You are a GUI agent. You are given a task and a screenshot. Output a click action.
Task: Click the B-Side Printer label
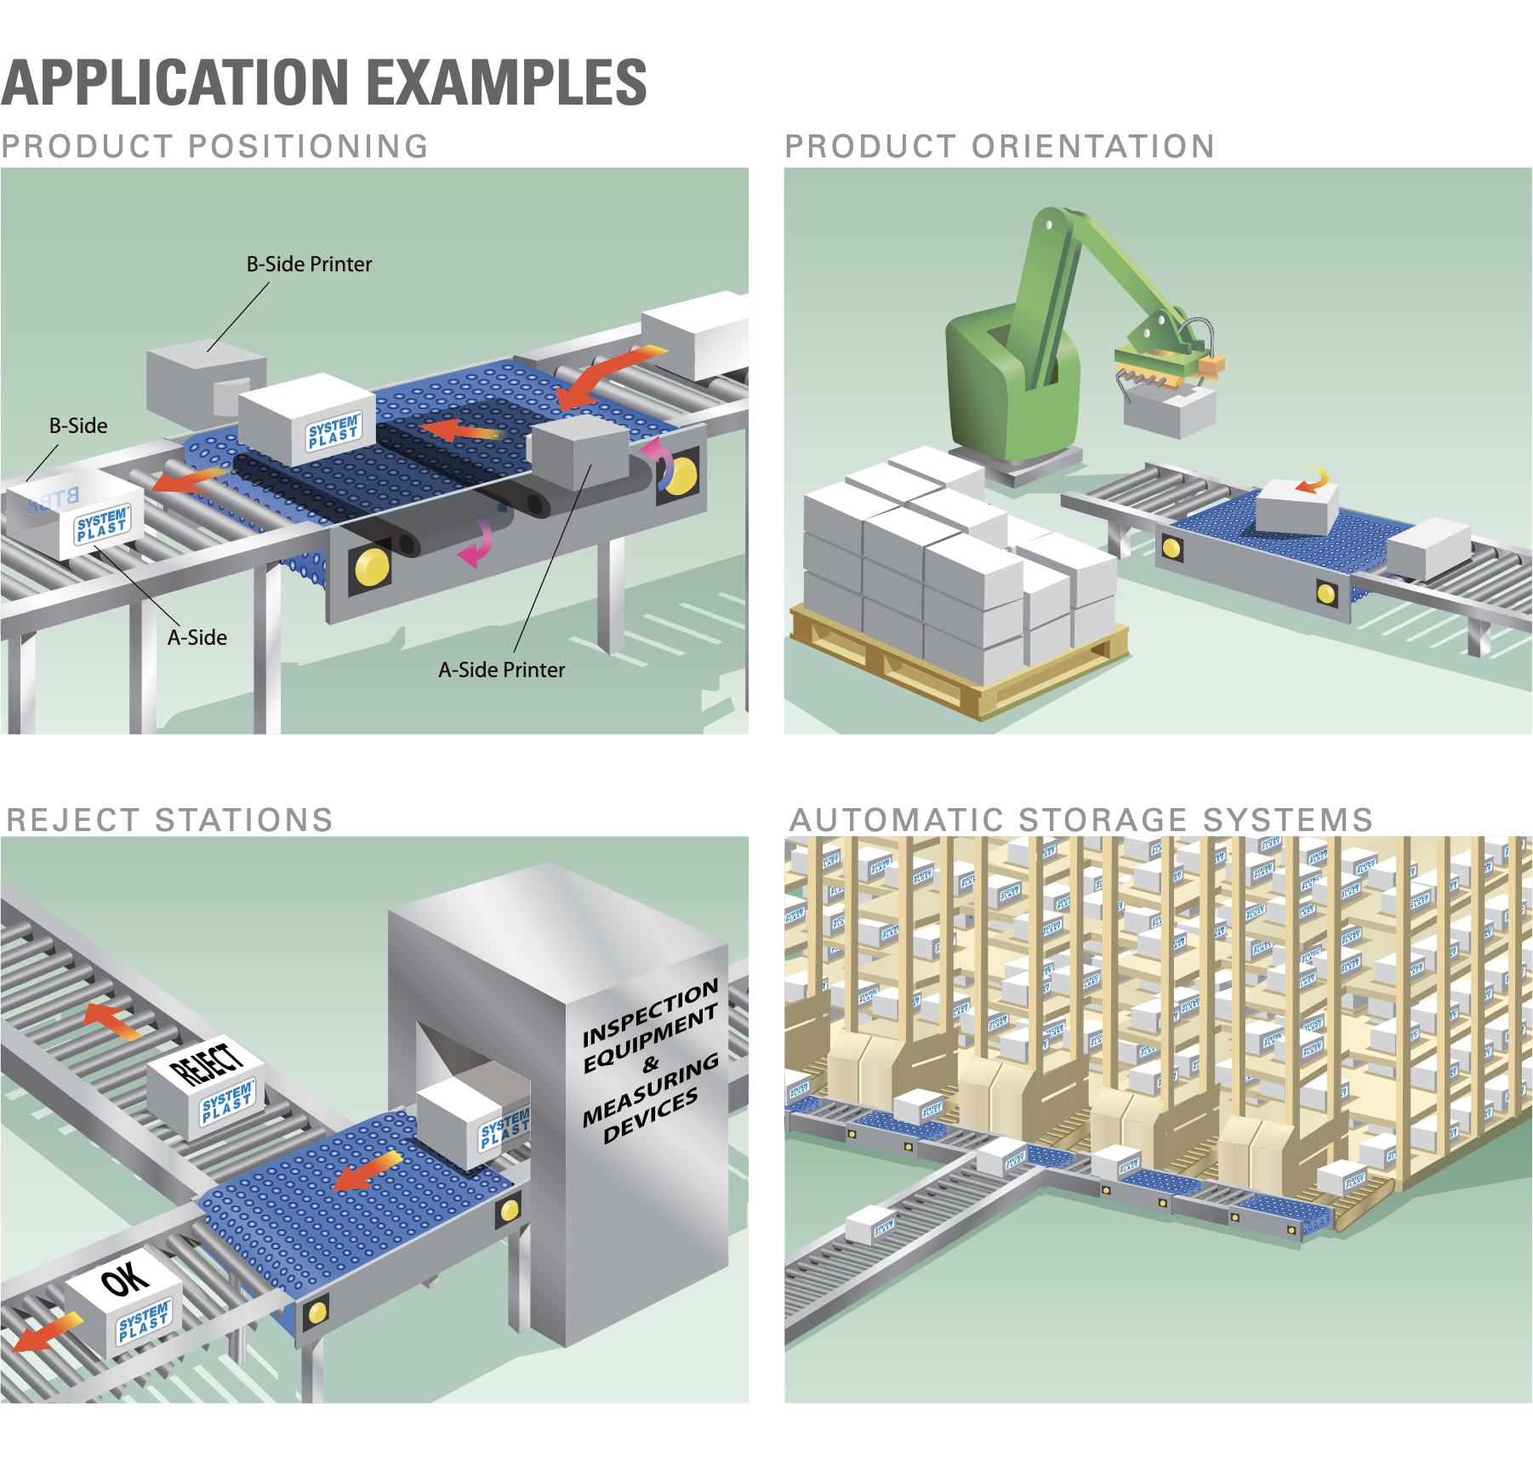click(x=309, y=265)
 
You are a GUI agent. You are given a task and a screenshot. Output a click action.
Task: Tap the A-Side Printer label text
click(x=501, y=670)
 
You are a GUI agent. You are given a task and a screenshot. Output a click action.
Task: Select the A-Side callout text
click(x=197, y=638)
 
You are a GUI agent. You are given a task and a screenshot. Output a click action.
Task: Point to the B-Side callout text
click(x=78, y=426)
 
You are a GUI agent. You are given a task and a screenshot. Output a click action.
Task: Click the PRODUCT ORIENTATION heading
click(x=999, y=147)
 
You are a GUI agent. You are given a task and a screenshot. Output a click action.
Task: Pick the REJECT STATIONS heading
click(x=169, y=820)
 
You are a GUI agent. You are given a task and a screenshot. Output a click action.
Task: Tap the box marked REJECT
click(x=207, y=1085)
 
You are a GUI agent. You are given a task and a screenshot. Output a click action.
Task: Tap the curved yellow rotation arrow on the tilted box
click(x=1314, y=481)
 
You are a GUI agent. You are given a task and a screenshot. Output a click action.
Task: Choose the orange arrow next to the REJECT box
click(x=113, y=1019)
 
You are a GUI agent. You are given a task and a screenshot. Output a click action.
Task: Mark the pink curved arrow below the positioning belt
click(x=477, y=542)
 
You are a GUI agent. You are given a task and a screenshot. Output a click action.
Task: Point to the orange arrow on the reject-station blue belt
click(x=367, y=1172)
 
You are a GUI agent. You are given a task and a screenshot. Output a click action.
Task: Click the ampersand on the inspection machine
click(x=651, y=1064)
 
